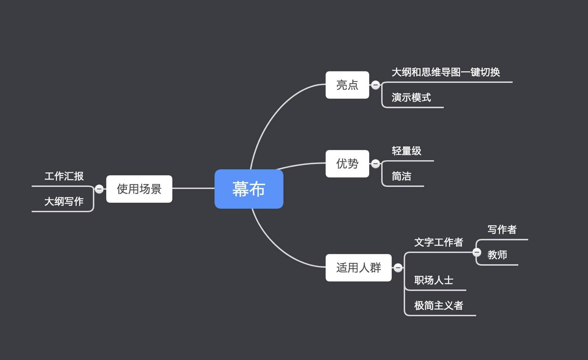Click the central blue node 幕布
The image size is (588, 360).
click(249, 189)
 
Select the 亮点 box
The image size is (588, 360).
click(347, 85)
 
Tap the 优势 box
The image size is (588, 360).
click(347, 164)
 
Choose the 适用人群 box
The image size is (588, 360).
click(359, 268)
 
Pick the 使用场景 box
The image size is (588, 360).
click(139, 189)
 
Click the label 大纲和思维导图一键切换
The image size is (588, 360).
click(446, 72)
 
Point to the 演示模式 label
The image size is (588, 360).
click(411, 98)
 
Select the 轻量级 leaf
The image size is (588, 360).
click(406, 151)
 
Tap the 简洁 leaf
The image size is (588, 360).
click(401, 176)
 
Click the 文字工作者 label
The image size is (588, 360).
click(439, 243)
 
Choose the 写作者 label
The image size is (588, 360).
click(502, 230)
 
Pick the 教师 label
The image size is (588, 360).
click(497, 255)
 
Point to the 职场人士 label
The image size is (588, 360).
click(434, 280)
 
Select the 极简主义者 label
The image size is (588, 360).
click(439, 306)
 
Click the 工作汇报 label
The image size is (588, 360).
click(64, 176)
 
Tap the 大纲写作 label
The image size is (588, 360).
click(64, 202)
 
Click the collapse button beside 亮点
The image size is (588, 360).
click(375, 85)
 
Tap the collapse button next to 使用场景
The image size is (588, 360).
click(99, 189)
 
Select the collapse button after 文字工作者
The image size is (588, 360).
click(477, 252)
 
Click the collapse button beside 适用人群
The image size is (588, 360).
click(398, 268)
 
